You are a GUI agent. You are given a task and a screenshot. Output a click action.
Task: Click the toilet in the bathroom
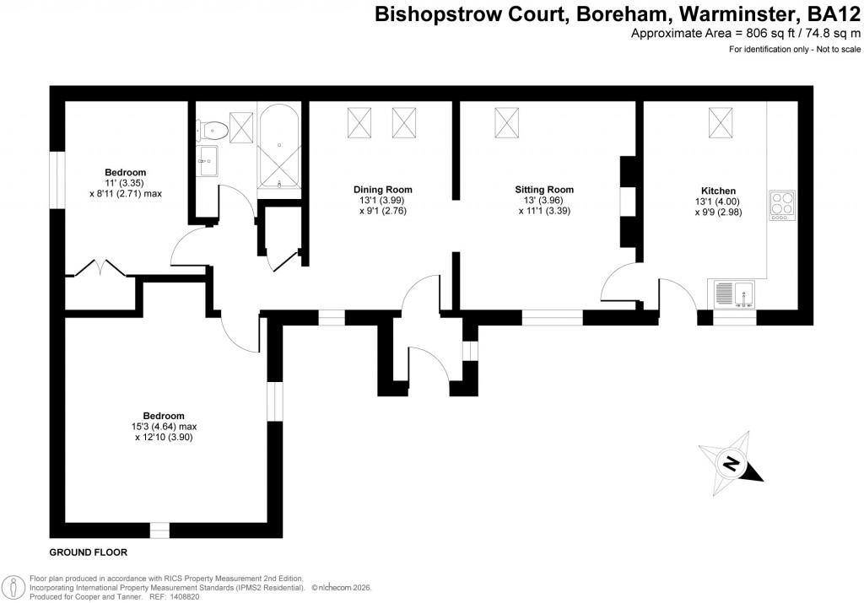(213, 129)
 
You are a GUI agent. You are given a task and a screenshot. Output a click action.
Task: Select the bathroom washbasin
(208, 160)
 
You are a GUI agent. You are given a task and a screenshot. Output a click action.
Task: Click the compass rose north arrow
(732, 463)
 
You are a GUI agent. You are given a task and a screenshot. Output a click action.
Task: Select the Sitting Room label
(544, 190)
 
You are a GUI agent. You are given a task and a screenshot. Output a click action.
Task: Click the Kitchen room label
(718, 191)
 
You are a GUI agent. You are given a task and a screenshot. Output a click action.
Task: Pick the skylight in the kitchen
(719, 122)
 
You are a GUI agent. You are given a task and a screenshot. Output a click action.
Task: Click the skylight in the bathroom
(241, 127)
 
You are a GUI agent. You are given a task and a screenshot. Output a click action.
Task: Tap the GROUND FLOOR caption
(88, 553)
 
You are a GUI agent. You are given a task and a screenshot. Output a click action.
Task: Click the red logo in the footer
(13, 586)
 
